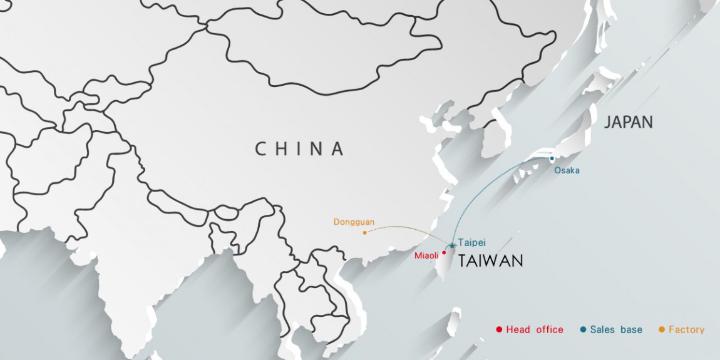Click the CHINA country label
click(299, 149)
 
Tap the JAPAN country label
click(628, 122)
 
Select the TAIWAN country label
click(490, 261)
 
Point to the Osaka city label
click(567, 170)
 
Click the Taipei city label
click(471, 242)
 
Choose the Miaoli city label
click(426, 255)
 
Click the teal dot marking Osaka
click(552, 158)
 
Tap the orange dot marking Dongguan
click(364, 233)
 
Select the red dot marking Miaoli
click(444, 253)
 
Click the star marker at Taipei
click(451, 245)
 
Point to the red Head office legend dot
click(498, 329)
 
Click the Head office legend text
click(535, 329)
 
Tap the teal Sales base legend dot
click(583, 329)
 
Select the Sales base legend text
click(616, 329)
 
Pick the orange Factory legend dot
click(662, 329)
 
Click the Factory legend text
click(686, 329)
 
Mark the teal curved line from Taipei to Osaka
click(482, 188)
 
